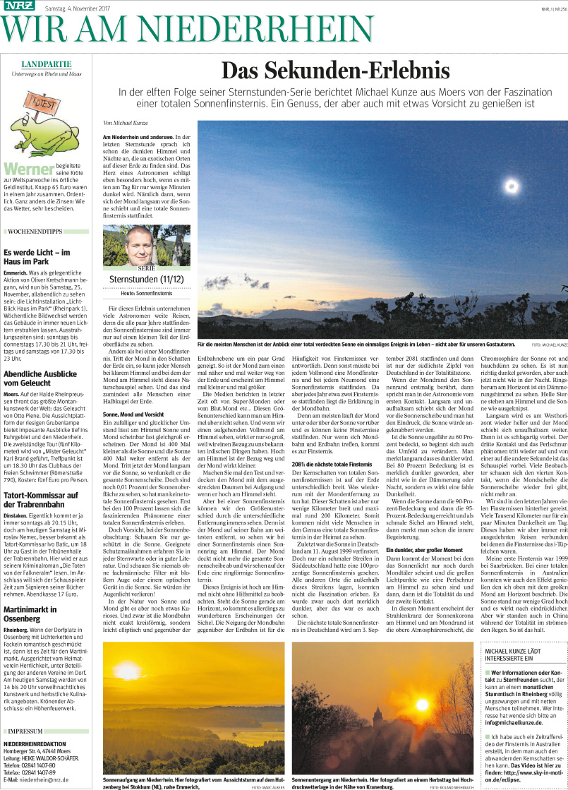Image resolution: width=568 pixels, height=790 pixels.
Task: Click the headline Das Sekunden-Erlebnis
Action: pyautogui.click(x=335, y=71)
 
